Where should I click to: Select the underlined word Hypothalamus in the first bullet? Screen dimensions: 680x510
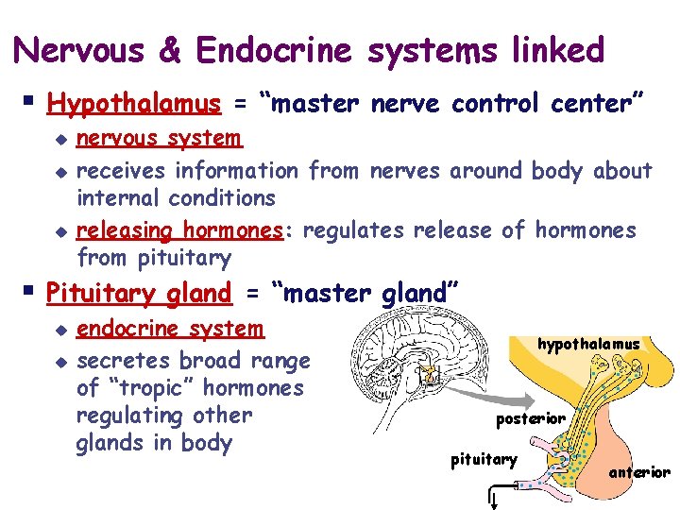pos(133,102)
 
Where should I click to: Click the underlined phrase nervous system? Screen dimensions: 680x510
pos(159,139)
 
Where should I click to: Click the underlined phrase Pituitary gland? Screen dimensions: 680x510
pos(139,294)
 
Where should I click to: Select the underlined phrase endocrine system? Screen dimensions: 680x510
pos(170,329)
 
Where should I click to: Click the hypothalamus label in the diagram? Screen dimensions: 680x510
pos(588,345)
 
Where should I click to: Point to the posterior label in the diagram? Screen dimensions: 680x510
pos(531,418)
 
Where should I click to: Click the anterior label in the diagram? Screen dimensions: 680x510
pos(639,472)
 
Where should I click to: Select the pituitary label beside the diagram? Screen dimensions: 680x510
pos(484,460)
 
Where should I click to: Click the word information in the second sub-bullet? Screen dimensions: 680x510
pos(236,171)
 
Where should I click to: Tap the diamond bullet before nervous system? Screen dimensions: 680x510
pos(61,141)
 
